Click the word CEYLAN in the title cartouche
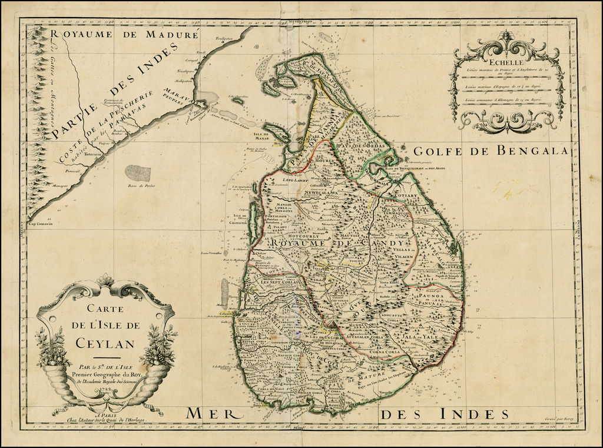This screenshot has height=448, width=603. point(105,343)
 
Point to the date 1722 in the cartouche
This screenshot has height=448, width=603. point(105,390)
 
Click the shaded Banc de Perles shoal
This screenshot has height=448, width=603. point(137,173)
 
